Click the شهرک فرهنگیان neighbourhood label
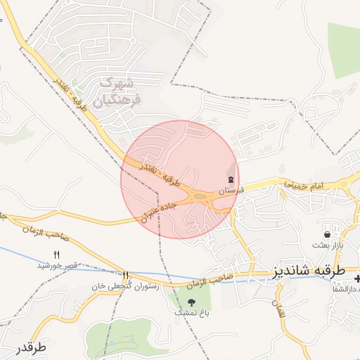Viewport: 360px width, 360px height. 121,91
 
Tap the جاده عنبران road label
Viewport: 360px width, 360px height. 160,209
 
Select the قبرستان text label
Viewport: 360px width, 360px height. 231,190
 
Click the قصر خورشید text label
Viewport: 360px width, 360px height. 57,265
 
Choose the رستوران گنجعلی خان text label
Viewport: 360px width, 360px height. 126,286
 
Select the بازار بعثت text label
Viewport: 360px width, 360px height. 327,245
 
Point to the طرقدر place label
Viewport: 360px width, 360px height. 28,347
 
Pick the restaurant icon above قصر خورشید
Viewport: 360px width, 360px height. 57,255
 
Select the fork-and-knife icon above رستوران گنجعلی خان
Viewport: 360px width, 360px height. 126,276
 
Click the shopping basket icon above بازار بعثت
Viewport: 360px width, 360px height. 327,234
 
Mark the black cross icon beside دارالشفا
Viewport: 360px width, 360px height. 356,280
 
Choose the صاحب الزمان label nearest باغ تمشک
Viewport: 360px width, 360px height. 209,281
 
